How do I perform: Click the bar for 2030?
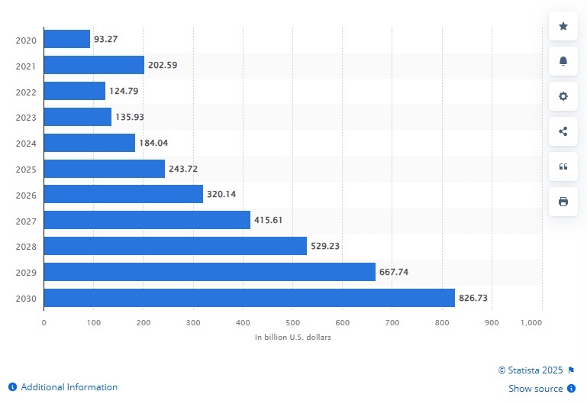tap(249, 298)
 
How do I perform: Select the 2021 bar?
tap(94, 65)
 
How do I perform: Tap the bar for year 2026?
tap(123, 194)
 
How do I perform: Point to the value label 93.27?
tap(105, 39)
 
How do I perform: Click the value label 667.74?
tap(395, 272)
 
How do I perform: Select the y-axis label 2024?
tap(26, 143)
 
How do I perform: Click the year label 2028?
tap(26, 246)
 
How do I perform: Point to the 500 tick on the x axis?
tap(292, 323)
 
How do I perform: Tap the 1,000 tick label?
tap(531, 323)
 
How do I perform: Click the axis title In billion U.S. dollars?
tap(293, 337)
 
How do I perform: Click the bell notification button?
tap(563, 61)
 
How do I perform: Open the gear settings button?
tap(563, 96)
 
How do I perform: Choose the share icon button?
tap(563, 131)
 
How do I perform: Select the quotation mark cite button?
tap(563, 166)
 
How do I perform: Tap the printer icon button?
tap(563, 202)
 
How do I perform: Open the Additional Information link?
tap(69, 387)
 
